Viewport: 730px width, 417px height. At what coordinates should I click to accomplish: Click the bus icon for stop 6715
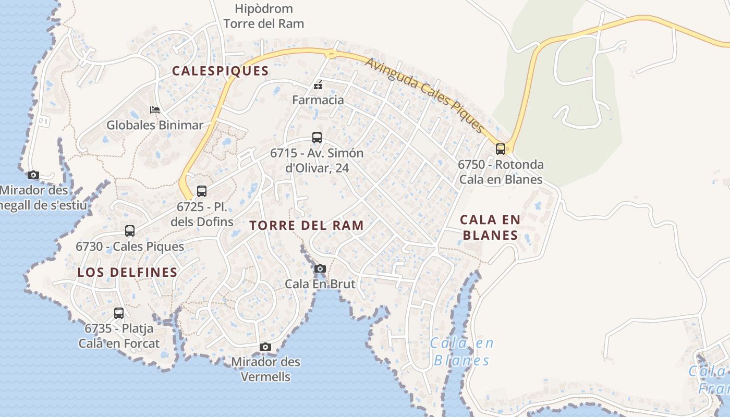click(317, 138)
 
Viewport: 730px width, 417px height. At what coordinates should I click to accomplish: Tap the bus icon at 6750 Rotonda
click(501, 149)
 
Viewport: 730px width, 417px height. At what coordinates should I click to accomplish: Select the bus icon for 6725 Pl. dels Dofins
click(202, 191)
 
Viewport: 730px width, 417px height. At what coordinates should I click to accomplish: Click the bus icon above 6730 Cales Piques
click(130, 230)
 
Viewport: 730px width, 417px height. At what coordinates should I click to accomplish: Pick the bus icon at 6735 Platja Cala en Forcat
click(119, 313)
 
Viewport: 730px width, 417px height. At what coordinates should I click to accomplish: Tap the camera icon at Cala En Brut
click(320, 269)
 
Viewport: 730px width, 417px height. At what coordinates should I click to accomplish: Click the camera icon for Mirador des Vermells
click(265, 347)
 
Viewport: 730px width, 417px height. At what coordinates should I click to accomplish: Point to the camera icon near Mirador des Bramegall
click(33, 175)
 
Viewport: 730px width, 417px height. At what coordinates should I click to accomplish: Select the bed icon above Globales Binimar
click(155, 110)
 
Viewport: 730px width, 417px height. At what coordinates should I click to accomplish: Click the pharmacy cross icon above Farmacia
click(318, 85)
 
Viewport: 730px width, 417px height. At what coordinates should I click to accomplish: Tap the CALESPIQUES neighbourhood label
click(220, 71)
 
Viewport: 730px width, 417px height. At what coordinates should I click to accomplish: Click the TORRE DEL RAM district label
click(306, 226)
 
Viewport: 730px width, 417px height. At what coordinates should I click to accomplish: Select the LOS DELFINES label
click(127, 272)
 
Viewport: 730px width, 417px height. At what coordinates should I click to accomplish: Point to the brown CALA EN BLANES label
click(490, 227)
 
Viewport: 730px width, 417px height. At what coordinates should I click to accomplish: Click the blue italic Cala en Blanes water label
click(462, 352)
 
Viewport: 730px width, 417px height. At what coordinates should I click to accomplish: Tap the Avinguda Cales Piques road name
click(425, 94)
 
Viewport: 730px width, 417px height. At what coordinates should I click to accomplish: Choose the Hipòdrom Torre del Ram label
click(263, 16)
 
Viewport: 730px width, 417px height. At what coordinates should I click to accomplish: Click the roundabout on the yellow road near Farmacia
click(331, 53)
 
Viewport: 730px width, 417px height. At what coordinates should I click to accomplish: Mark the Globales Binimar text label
click(155, 125)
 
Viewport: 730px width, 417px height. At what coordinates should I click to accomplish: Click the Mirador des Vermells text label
click(265, 369)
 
